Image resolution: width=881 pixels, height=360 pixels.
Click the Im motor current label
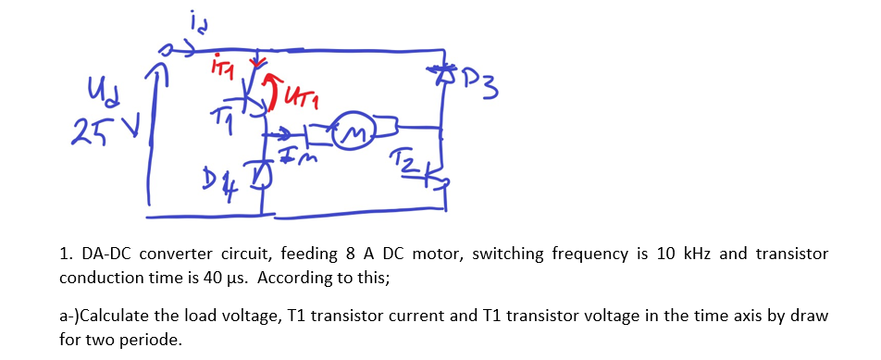[x=296, y=159]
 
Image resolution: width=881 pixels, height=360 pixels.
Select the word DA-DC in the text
[x=106, y=254]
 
